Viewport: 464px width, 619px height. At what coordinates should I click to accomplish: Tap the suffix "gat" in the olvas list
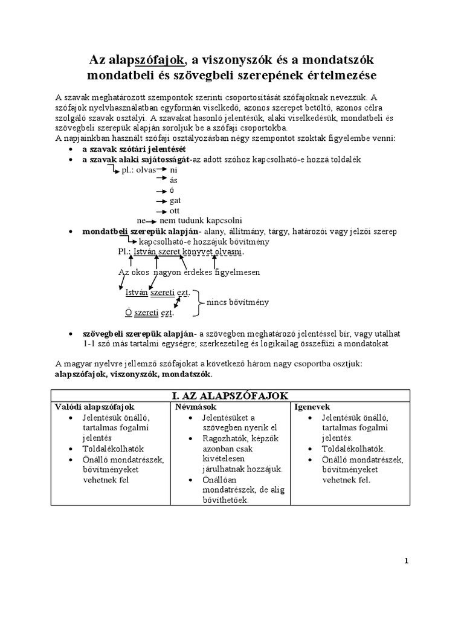tap(175, 200)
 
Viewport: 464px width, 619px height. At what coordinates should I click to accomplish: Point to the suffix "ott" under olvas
tap(175, 210)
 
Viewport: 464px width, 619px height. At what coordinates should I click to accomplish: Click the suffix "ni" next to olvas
tap(174, 170)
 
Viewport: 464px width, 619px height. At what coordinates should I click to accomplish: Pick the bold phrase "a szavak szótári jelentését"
tap(134, 149)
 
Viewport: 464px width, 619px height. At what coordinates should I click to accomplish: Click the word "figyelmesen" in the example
tap(235, 272)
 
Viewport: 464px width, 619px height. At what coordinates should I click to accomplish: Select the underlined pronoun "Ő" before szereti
tap(128, 313)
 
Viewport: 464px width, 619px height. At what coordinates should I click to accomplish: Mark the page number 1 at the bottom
tap(407, 560)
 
